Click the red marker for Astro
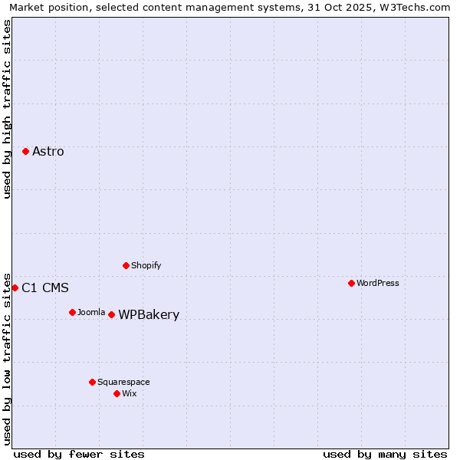pos(25,152)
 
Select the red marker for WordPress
pos(351,283)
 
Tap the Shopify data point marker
pos(126,265)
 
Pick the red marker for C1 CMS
pos(15,287)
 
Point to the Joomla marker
pos(72,312)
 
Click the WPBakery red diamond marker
pos(111,314)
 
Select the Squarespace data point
pos(92,382)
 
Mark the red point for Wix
pos(117,393)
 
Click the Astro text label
pos(48,152)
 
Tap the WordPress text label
pos(378,283)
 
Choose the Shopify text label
pos(146,265)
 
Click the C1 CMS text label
pos(45,288)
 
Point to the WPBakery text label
pos(149,315)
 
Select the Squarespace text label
pos(123,382)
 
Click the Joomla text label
pos(91,312)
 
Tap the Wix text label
pos(130,393)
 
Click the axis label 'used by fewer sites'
pos(79,454)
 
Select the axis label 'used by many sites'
pos(385,454)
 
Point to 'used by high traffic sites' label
pos(8,109)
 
